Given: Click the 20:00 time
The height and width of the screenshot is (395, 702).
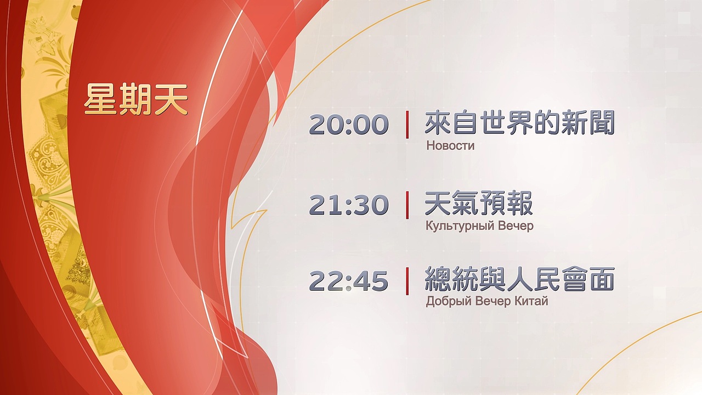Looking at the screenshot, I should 349,125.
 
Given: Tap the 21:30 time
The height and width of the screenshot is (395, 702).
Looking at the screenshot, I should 349,205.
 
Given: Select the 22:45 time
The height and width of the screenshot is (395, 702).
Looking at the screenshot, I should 349,281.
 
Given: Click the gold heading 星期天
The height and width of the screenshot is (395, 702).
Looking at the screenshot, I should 136,99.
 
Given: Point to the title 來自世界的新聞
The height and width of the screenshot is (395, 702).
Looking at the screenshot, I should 519,123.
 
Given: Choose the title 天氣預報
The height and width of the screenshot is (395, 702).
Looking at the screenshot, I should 479,204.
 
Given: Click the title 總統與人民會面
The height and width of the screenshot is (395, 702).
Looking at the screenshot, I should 519,280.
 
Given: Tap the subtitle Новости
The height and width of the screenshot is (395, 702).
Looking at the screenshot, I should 450,146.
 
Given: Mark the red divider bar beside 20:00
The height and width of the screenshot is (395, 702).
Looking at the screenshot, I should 407,125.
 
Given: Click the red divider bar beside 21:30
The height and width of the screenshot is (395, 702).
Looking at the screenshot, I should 407,205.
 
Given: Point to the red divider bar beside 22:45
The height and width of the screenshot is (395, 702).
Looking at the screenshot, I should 407,281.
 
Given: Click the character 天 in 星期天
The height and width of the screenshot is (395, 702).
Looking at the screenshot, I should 171,99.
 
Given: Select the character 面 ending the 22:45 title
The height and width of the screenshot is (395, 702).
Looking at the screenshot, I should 601,280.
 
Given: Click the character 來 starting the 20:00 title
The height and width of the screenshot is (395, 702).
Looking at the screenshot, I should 438,123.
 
